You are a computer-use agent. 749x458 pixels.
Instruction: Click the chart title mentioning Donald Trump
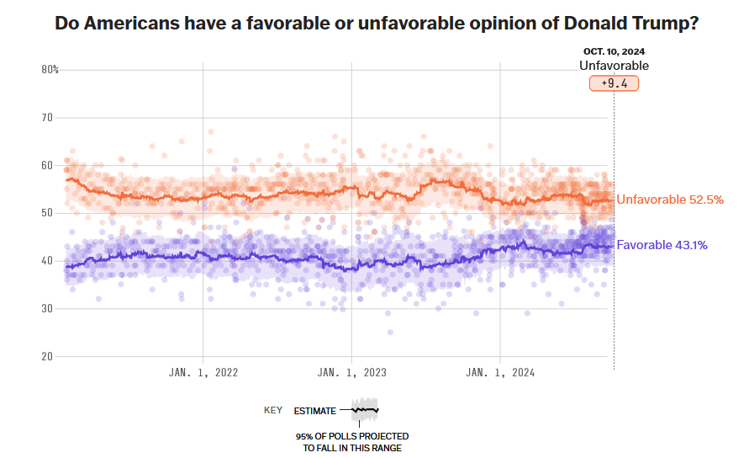(377, 24)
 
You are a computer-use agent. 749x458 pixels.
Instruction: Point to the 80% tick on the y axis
(50, 69)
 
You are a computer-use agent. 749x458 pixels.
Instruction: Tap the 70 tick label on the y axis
(47, 117)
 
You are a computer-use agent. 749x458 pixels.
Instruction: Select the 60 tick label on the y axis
(47, 165)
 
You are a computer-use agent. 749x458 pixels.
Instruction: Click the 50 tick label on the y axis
(47, 213)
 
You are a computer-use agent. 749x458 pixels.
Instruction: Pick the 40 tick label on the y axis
(47, 261)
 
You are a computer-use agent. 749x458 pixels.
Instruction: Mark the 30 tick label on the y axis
(47, 309)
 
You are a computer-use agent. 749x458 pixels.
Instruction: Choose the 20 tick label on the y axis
(47, 356)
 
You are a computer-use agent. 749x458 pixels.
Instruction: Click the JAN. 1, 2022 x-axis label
(203, 373)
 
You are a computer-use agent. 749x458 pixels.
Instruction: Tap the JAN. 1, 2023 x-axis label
(351, 373)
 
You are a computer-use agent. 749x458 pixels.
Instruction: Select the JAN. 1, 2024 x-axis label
(500, 373)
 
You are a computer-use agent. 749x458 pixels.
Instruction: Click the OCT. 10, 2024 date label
(614, 52)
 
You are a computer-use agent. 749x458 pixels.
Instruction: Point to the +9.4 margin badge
(614, 83)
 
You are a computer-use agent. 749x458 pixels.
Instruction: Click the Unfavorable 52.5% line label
(670, 200)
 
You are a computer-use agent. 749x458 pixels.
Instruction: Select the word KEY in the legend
(273, 411)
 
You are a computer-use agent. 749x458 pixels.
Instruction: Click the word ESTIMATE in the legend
(314, 411)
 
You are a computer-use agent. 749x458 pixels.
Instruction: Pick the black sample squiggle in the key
(365, 410)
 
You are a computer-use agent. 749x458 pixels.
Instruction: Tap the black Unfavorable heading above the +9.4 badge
(614, 66)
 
